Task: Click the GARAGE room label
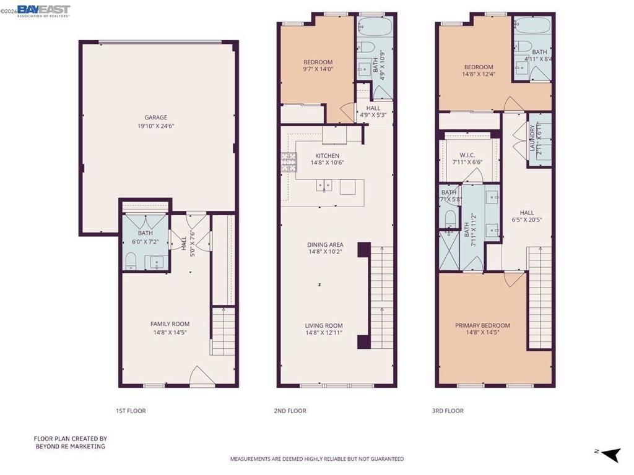[x=156, y=118]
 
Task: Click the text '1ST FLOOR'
[x=131, y=411]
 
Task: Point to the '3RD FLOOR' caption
[x=448, y=411]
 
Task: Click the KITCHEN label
[x=327, y=156]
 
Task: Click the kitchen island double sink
[x=324, y=185]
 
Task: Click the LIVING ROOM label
[x=324, y=326]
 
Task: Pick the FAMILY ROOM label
[x=170, y=324]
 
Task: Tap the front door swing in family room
[x=199, y=376]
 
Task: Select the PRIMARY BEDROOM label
[x=482, y=326]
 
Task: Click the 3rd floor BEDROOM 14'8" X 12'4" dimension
[x=479, y=75]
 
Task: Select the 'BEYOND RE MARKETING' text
[x=69, y=446]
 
